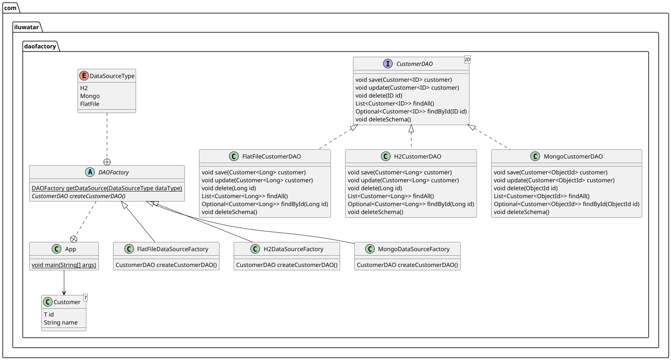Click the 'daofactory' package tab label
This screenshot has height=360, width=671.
(x=40, y=46)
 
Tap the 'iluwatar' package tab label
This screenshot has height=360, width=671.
(x=26, y=27)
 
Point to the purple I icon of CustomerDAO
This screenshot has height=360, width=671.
(x=388, y=64)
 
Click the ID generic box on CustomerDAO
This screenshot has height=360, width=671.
(x=467, y=60)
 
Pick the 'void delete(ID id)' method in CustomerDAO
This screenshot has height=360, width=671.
(x=378, y=96)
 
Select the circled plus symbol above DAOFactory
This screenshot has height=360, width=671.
(x=107, y=162)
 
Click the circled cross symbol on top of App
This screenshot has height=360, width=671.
(x=74, y=239)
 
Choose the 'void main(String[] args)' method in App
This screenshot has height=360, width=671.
(x=64, y=265)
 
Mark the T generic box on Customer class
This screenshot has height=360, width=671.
(x=86, y=297)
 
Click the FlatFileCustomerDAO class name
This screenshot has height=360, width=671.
(x=271, y=156)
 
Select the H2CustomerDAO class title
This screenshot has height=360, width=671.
(x=417, y=156)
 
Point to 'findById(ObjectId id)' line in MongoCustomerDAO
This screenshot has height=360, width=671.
(x=566, y=204)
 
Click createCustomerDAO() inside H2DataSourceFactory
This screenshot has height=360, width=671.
(x=287, y=265)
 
